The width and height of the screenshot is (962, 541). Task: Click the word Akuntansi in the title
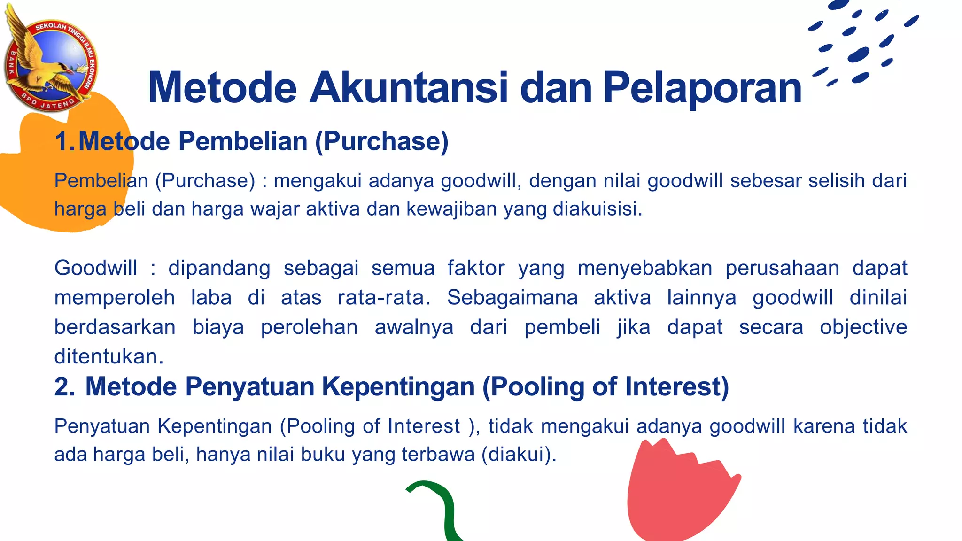tap(409, 88)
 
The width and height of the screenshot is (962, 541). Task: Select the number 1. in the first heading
tap(65, 141)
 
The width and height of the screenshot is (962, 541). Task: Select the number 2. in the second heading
tap(65, 387)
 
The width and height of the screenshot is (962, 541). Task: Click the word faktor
tap(476, 268)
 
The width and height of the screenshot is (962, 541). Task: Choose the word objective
tap(863, 327)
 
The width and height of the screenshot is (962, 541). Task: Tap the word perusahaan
tap(782, 268)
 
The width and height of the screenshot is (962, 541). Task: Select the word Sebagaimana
tap(512, 298)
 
